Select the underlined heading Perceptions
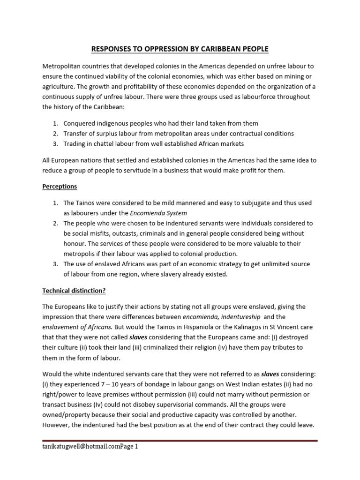point(60,186)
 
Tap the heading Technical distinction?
point(74,290)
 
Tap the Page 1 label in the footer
point(130,447)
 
